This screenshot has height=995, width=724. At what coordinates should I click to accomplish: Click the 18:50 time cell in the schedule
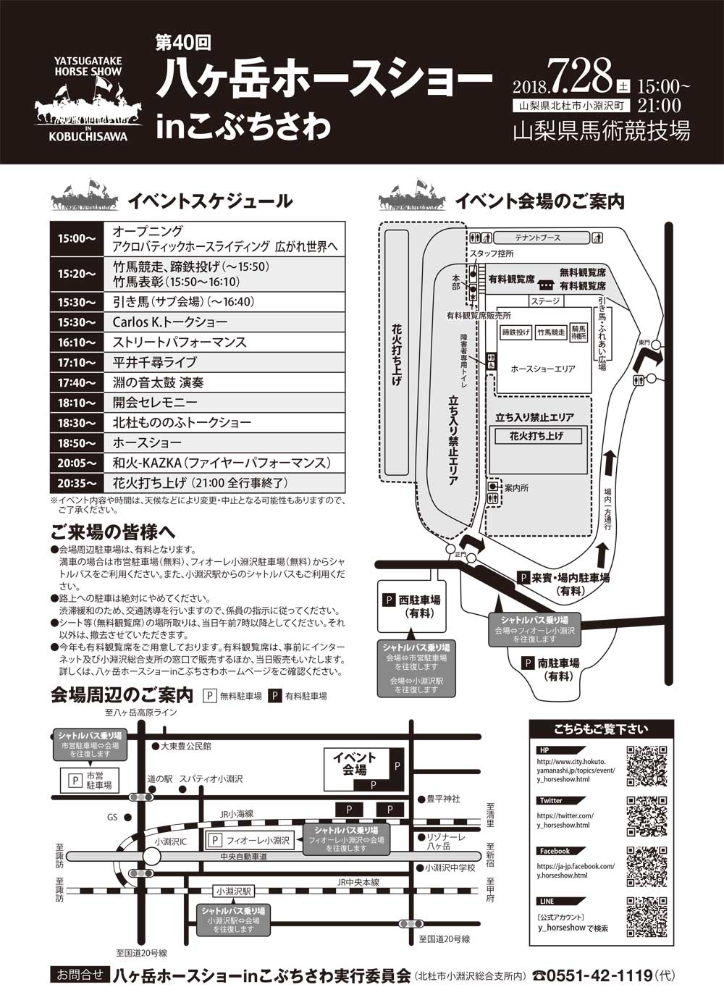click(77, 443)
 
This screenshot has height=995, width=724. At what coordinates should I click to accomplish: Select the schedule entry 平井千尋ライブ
click(155, 363)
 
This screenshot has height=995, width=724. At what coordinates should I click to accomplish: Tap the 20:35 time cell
click(77, 484)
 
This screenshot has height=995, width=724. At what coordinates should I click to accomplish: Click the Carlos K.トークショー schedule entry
click(170, 322)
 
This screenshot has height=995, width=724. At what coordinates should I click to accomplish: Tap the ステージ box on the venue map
click(545, 301)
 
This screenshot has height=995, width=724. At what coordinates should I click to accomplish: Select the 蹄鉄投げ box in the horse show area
click(516, 332)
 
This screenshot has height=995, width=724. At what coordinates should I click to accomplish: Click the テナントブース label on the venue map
click(537, 238)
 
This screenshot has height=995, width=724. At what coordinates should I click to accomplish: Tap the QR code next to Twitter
click(647, 816)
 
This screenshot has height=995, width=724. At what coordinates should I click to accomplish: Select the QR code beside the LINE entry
click(647, 916)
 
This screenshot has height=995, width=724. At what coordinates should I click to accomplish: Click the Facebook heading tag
click(555, 851)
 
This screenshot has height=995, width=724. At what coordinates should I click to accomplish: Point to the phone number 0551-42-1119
click(599, 975)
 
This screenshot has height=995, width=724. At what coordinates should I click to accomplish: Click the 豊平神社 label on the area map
click(443, 799)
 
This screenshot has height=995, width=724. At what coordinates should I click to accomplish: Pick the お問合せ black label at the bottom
click(80, 975)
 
